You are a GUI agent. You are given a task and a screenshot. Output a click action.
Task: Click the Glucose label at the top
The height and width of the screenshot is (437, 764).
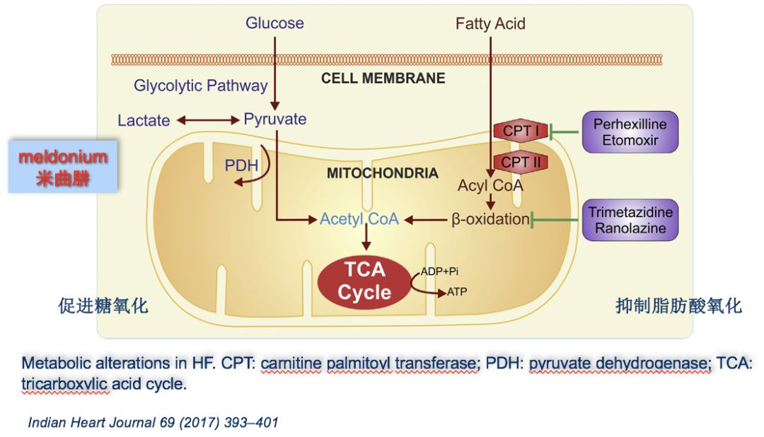tap(274, 23)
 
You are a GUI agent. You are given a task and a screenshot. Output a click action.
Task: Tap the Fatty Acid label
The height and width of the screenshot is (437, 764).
tap(490, 23)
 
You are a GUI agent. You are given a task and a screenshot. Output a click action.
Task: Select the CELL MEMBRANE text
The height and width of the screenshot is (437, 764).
tap(383, 78)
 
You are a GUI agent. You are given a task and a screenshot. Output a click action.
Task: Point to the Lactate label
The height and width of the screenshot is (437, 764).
tap(144, 120)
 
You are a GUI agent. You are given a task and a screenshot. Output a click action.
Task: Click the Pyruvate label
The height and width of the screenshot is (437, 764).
tap(275, 119)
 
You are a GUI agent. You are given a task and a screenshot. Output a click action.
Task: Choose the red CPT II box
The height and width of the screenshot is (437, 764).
tap(520, 162)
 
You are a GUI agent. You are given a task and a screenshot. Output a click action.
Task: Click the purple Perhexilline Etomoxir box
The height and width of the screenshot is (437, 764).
tap(630, 132)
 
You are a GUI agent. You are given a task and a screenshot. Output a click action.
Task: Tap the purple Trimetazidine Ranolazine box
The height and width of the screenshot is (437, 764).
tap(630, 220)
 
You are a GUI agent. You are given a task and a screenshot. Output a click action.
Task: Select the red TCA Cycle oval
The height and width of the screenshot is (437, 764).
tap(364, 281)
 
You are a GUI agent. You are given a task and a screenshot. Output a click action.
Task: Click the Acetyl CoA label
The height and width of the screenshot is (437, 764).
tap(359, 219)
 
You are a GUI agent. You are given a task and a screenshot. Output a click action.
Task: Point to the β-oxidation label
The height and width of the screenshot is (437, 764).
tap(490, 219)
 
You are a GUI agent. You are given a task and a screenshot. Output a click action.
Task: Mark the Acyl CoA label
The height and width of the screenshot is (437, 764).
tap(490, 186)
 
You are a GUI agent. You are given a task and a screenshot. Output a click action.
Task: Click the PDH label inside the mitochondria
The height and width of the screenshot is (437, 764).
tap(241, 165)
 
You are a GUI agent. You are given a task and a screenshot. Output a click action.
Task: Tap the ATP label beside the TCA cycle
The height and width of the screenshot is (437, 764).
tap(456, 291)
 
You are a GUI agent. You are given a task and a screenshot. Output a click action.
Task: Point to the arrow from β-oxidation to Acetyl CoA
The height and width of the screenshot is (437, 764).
tap(425, 220)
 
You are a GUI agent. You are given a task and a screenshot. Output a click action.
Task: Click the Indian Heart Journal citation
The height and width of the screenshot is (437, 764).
tap(153, 423)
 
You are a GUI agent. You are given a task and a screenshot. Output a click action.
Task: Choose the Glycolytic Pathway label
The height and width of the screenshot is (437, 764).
tap(201, 86)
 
